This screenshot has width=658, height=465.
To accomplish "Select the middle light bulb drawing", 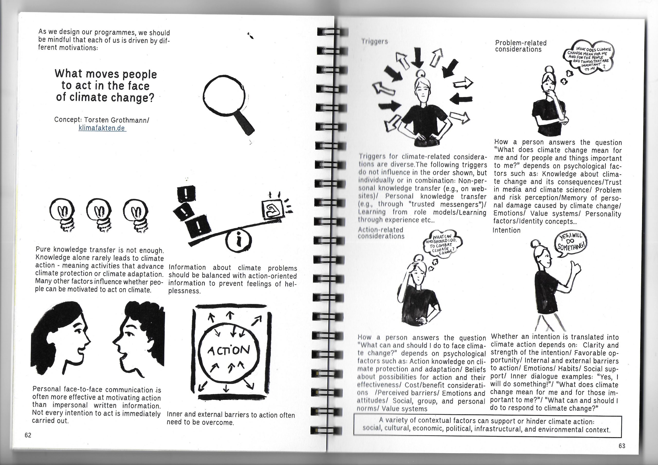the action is pos(99,215).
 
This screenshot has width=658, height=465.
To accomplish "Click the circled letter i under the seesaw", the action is pos(239,241).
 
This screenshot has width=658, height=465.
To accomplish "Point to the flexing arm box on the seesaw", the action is pos(272,210).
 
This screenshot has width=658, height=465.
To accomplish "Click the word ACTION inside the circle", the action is pos(229,350).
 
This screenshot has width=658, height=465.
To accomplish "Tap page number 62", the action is pos(28,435).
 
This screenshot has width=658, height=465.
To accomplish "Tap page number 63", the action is pos(622,446).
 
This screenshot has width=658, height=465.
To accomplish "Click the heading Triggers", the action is pos(374,42).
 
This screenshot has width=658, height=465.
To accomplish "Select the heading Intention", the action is pos(506,230).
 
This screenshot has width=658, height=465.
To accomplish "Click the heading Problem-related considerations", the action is pos(521,46).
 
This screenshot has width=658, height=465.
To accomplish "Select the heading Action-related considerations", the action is pos(381,233).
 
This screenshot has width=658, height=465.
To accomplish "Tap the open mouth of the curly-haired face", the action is pos(124,356).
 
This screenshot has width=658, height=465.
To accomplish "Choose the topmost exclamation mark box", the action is pos(186,194).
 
